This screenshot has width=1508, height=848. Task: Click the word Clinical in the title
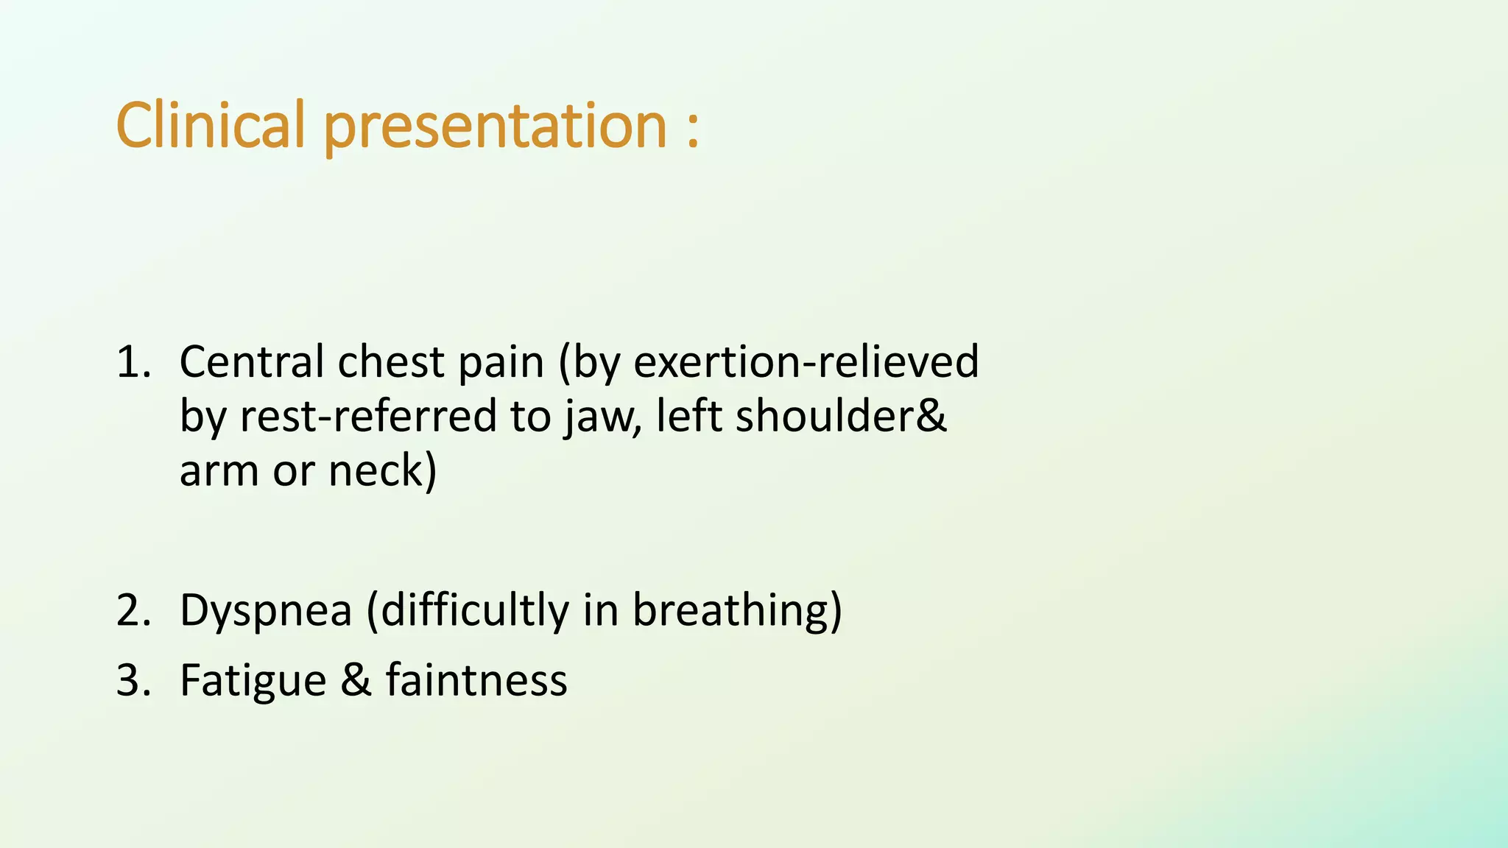point(210,125)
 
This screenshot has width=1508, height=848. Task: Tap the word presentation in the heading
point(495,127)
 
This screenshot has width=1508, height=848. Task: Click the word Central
point(251,362)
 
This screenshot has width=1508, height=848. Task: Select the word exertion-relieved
point(806,362)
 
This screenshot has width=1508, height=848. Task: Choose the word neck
point(381,471)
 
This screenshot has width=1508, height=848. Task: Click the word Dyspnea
point(266,612)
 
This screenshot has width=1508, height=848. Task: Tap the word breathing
point(736,610)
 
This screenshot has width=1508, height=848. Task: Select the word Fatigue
point(253,681)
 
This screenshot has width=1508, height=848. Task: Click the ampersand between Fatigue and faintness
point(356,679)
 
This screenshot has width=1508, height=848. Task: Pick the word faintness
point(476,679)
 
